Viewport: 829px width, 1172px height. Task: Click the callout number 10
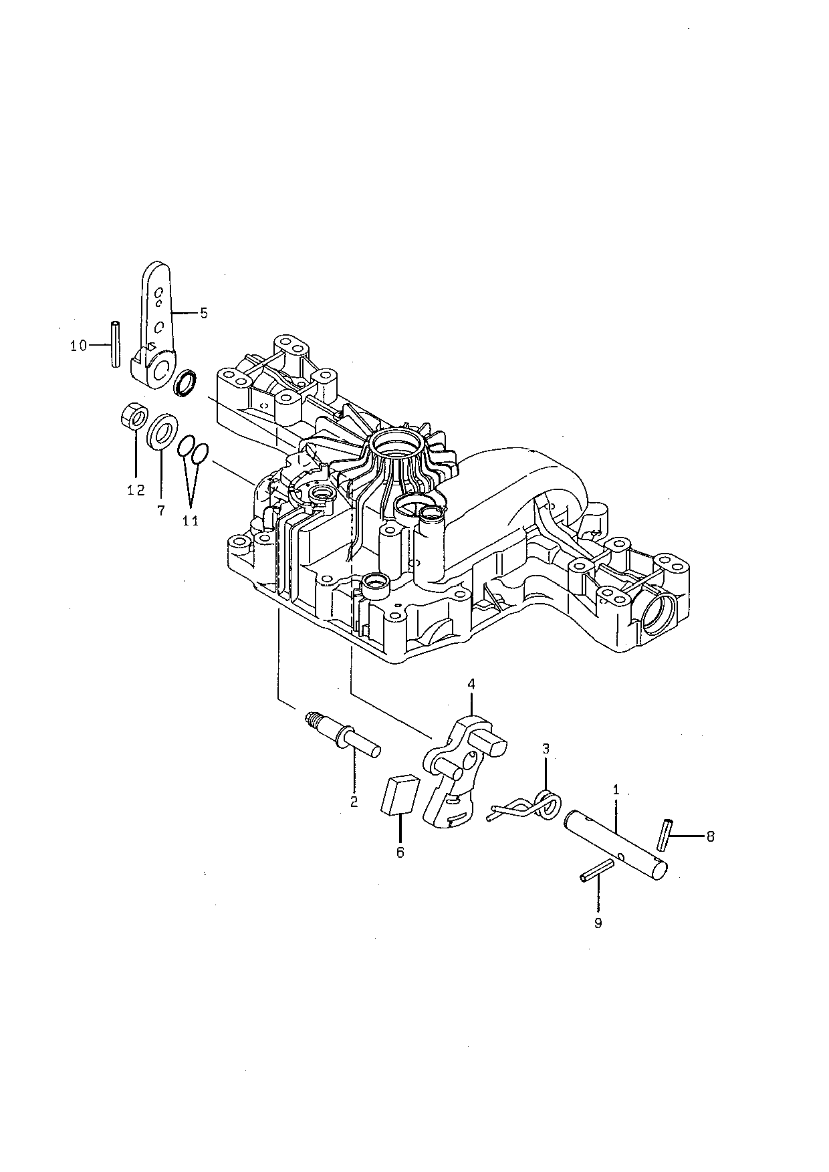coord(78,345)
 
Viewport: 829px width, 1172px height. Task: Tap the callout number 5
coord(204,312)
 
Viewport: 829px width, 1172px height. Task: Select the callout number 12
coord(136,490)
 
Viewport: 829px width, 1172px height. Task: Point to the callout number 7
coord(161,510)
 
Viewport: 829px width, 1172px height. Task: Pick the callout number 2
coord(354,802)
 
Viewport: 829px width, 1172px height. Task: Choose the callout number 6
coord(400,852)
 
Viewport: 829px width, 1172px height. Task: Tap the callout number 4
coord(471,684)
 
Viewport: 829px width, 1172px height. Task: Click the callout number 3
coord(546,749)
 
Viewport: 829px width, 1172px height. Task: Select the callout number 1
coord(616,790)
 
